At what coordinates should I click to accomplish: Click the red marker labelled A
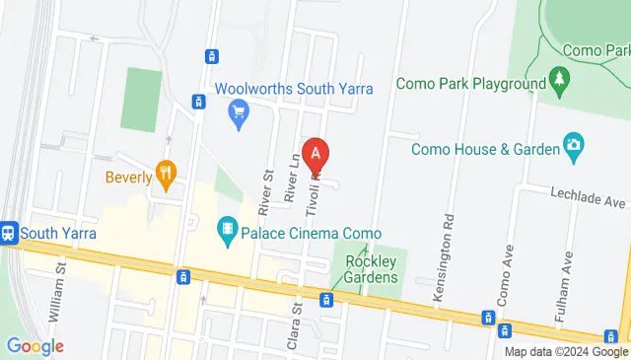(x=315, y=154)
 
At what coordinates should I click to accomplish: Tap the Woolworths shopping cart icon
(x=237, y=114)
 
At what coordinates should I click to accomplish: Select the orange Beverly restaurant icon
(x=167, y=176)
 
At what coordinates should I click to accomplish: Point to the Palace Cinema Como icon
(x=229, y=231)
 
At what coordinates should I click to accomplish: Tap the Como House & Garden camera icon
(x=573, y=148)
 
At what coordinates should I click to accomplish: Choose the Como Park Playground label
(x=471, y=84)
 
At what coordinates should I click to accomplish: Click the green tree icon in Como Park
(x=560, y=79)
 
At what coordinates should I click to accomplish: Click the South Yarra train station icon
(x=9, y=233)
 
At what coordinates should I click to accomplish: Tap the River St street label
(x=266, y=191)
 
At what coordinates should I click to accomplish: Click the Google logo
(x=35, y=346)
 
